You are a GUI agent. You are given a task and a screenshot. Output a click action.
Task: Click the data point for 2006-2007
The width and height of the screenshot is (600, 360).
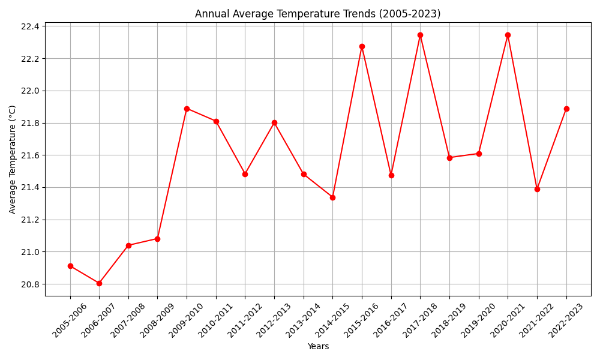click(99, 283)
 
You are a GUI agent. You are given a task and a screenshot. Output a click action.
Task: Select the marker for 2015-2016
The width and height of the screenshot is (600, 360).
click(362, 46)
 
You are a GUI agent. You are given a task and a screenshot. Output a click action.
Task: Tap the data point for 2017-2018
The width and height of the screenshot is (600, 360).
click(420, 35)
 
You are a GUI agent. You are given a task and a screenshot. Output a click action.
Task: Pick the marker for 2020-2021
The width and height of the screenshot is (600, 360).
click(508, 35)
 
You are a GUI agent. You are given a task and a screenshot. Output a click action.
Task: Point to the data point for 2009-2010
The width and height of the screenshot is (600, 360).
click(187, 109)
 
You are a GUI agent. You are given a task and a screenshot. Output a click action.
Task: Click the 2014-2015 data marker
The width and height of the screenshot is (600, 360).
click(332, 197)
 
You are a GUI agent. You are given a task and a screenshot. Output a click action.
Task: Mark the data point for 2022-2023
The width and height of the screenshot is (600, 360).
click(566, 109)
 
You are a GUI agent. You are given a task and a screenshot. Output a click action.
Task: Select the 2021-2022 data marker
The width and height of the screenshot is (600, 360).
click(537, 189)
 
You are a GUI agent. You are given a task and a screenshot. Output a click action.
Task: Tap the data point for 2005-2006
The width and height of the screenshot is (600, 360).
click(70, 266)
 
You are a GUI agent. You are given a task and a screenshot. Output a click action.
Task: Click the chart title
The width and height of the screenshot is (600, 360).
click(317, 14)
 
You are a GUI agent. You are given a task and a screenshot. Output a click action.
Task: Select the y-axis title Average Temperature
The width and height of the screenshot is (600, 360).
click(13, 159)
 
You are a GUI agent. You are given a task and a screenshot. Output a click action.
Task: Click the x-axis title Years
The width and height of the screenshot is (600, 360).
click(318, 346)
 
